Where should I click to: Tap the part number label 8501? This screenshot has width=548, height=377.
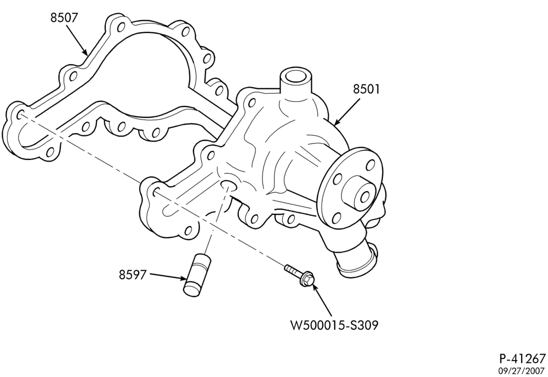pos(366,89)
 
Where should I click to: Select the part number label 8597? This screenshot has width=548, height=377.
pos(132,275)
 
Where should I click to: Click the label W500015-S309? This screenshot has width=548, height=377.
pos(334,325)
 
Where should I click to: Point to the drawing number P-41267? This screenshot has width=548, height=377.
pos(522,358)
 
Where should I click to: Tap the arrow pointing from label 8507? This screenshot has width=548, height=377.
pos(76,40)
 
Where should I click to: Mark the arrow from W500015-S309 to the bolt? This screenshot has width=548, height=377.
pos(322,299)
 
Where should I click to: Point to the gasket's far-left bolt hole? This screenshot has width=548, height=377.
pos(20,115)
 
